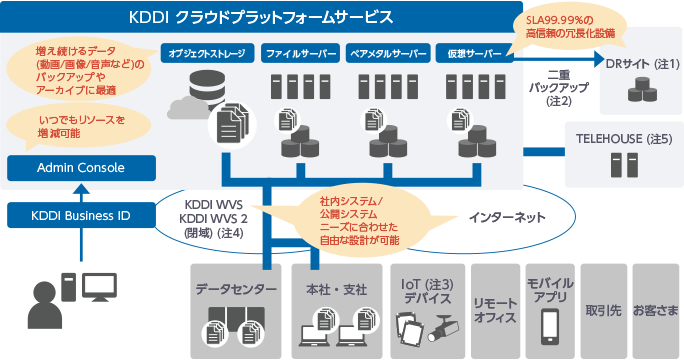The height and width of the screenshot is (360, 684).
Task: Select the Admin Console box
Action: click(81, 168)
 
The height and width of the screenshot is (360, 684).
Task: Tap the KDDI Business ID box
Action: click(81, 214)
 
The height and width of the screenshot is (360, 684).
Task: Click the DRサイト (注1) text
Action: click(643, 66)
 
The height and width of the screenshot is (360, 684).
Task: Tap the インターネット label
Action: click(507, 215)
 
